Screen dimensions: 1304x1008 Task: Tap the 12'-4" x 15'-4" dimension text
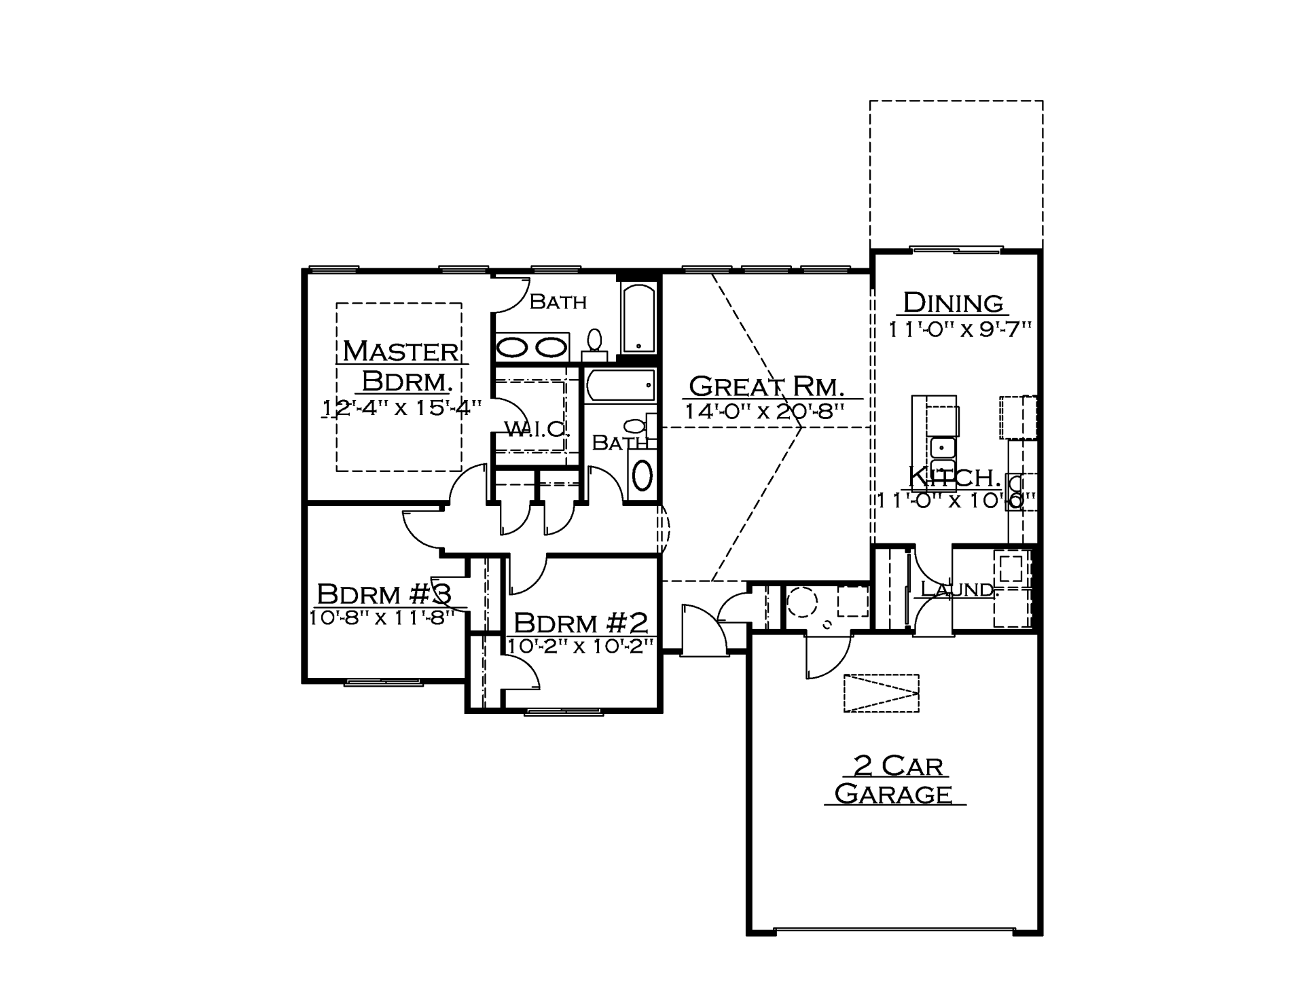[402, 408]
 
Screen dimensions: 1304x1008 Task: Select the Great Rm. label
[767, 386]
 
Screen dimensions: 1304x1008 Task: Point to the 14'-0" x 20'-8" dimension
[764, 411]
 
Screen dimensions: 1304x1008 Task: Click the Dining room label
[953, 302]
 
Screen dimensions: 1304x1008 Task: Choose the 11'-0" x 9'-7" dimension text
[960, 329]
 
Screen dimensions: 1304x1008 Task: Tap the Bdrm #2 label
[581, 623]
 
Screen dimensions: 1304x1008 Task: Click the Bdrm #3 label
[384, 594]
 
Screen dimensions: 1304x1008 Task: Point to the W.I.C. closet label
[535, 429]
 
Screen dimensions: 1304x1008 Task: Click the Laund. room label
[957, 589]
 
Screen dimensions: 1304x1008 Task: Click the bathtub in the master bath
[639, 319]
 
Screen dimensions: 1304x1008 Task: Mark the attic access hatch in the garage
[881, 693]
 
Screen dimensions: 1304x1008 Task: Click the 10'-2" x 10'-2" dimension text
[581, 645]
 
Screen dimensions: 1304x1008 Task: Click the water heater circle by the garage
[803, 602]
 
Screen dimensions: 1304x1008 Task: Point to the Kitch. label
[954, 478]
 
